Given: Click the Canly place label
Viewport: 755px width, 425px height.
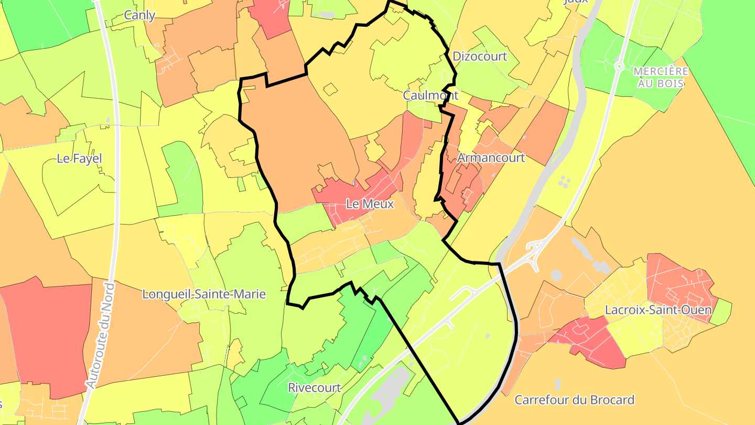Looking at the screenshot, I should [x=139, y=15].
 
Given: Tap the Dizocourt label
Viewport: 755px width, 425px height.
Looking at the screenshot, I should [x=480, y=56].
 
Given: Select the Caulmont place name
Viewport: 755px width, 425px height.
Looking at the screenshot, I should [x=430, y=95].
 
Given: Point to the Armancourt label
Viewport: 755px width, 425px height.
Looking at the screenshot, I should [x=491, y=157].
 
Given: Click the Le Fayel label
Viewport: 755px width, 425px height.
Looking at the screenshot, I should [x=79, y=158].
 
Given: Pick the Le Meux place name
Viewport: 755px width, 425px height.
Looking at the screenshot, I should [x=370, y=204].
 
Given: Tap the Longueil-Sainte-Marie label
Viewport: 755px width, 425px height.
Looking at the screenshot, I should [x=204, y=294].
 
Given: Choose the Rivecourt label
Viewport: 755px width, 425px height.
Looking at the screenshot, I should [x=315, y=388].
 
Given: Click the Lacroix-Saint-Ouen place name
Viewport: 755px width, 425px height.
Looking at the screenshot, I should [x=658, y=310].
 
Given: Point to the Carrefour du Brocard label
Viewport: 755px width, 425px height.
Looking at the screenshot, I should [x=574, y=400].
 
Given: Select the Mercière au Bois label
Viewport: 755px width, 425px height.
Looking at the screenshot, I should [x=660, y=77].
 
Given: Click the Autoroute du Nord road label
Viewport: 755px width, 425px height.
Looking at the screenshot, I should [x=100, y=336].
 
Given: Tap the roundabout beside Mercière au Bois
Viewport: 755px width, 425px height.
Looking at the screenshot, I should [x=619, y=67].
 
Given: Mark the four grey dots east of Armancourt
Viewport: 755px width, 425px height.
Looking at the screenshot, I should [x=564, y=182].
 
